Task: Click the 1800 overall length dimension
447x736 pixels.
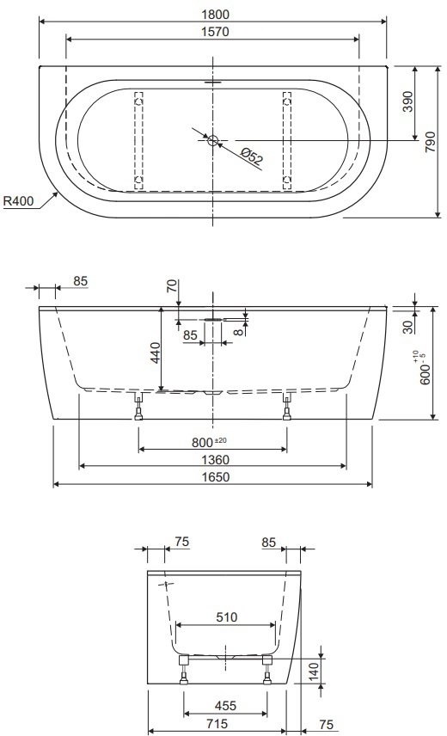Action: [x=215, y=15]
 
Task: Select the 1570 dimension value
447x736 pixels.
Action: [x=215, y=32]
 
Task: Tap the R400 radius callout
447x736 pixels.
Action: [x=19, y=201]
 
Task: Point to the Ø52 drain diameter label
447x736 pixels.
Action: [x=252, y=156]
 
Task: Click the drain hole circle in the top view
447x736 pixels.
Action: [x=213, y=140]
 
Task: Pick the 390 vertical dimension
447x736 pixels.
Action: [x=408, y=101]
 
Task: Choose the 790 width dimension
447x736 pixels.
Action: [x=430, y=141]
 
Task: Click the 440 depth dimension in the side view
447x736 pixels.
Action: [x=156, y=353]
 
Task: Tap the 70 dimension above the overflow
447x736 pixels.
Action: [x=172, y=285]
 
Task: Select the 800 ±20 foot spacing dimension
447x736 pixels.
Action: [x=209, y=442]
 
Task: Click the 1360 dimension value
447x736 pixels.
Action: [x=215, y=459]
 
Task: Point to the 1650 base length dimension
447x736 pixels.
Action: [x=215, y=477]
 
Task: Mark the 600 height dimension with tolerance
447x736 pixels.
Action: [x=420, y=368]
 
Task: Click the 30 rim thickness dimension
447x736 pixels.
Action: [x=408, y=326]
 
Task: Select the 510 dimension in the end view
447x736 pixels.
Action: [x=227, y=617]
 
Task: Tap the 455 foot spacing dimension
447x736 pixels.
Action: [x=225, y=706]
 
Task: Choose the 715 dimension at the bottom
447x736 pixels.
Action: [x=217, y=724]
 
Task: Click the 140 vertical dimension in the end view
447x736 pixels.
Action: [x=314, y=672]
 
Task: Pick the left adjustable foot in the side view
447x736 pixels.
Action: [x=139, y=406]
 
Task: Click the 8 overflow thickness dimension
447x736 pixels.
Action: [x=239, y=331]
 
